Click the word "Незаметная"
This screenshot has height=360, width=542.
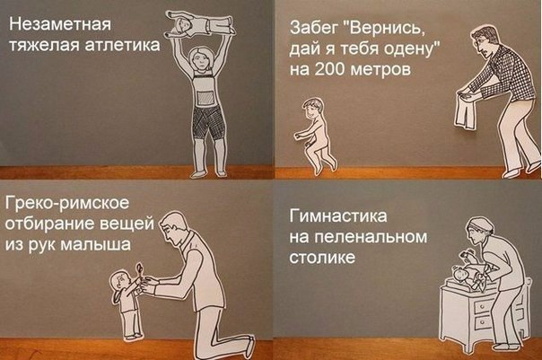pyautogui.click(x=60, y=24)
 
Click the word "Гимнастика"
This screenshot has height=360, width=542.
pyautogui.click(x=337, y=216)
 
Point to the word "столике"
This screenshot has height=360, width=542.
pyautogui.click(x=322, y=258)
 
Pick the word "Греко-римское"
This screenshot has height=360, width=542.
pyautogui.click(x=66, y=204)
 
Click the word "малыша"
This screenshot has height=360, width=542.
pyautogui.click(x=96, y=245)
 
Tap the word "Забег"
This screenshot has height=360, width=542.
pyautogui.click(x=313, y=29)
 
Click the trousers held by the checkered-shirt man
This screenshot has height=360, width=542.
pyautogui.click(x=467, y=111)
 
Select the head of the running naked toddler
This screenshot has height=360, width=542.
pyautogui.click(x=312, y=108)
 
